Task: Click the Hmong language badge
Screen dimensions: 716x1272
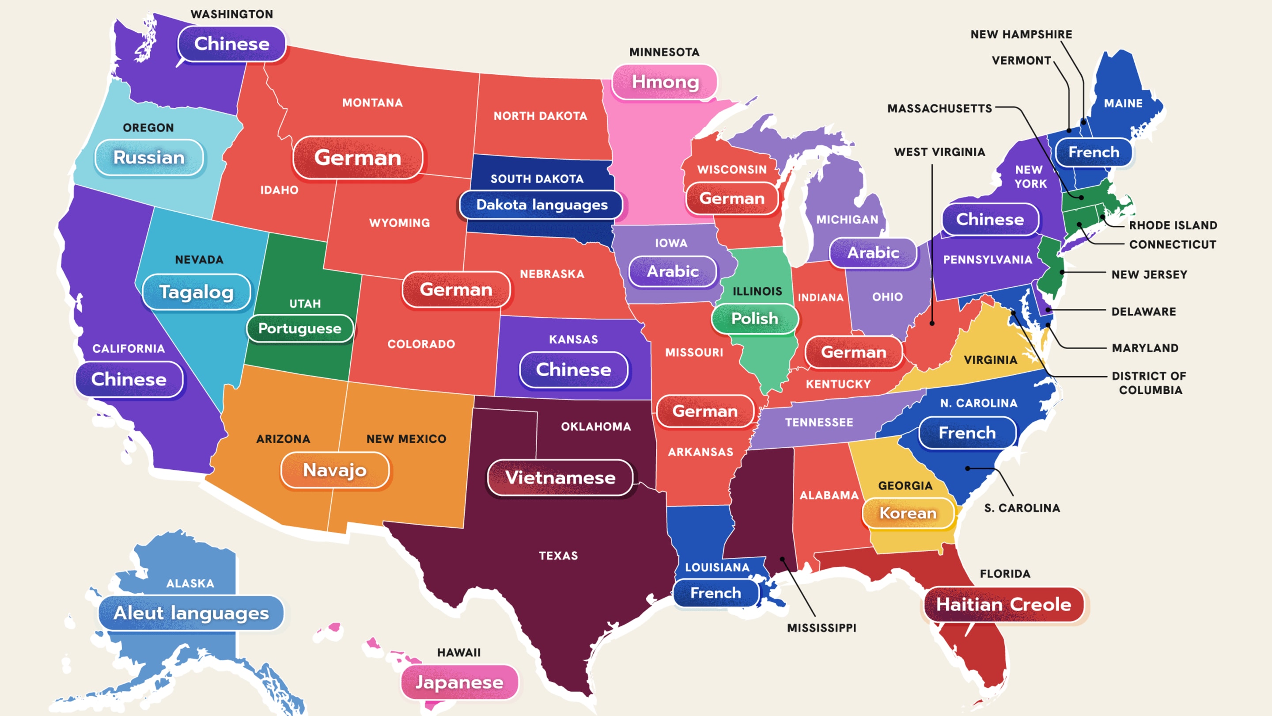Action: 665,82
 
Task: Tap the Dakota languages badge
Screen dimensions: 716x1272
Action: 541,205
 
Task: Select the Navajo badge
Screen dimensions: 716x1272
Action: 335,470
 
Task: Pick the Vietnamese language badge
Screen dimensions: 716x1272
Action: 560,477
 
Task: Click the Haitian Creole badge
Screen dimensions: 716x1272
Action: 1003,604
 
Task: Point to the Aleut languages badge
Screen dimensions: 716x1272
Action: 191,613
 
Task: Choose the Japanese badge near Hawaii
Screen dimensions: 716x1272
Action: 459,682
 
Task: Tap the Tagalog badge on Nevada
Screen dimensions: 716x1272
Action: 197,292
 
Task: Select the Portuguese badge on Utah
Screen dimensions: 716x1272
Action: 300,328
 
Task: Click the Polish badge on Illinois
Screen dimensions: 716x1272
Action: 754,318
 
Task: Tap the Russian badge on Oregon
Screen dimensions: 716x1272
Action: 149,157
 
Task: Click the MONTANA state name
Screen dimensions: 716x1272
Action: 372,103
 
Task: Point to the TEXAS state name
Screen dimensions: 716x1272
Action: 558,556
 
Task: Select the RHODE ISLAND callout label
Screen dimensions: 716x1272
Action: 1173,225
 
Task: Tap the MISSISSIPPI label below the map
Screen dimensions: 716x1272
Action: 821,628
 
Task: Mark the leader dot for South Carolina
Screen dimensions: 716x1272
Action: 968,468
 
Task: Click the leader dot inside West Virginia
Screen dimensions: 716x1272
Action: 932,323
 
